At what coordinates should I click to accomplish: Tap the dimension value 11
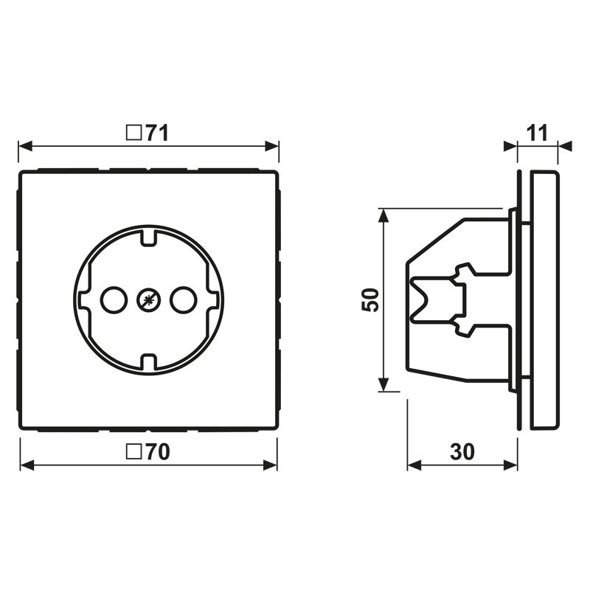click(537, 133)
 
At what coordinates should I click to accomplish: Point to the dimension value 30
click(462, 452)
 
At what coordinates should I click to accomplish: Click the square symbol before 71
click(133, 133)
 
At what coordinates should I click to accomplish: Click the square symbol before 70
click(133, 452)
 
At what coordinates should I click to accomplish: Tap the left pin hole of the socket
click(113, 299)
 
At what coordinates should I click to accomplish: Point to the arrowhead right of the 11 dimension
click(565, 146)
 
